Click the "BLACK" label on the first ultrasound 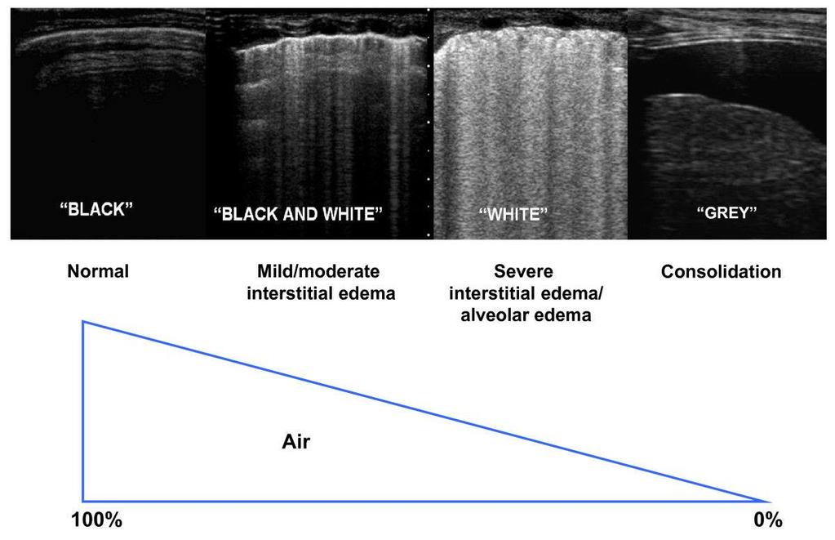coord(96,208)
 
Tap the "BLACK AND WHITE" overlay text coord(298,214)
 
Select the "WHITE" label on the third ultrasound coord(513,214)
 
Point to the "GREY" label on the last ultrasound coord(726,212)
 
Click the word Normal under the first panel coord(98,271)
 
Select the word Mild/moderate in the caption coord(318,271)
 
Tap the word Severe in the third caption coord(523,271)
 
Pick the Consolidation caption coord(721,272)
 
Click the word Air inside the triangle coord(296,441)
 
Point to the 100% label coord(96,520)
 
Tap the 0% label coord(768,520)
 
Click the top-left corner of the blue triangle coord(83,321)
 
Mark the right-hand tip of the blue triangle coord(770,501)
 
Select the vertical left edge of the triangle coord(83,411)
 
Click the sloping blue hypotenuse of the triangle coord(427,411)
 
